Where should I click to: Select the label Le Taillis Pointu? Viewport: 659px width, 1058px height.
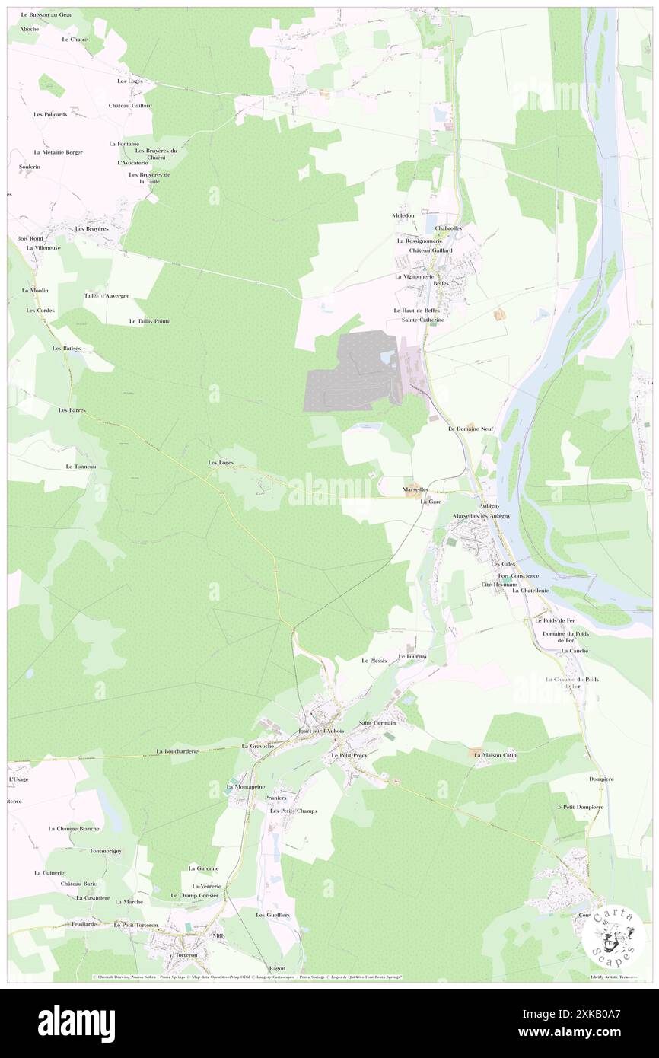click(x=150, y=321)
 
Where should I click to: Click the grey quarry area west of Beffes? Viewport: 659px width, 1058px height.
click(x=346, y=373)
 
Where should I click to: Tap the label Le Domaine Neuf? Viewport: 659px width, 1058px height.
click(x=472, y=429)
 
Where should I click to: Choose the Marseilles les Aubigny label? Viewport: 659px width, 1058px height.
click(x=481, y=516)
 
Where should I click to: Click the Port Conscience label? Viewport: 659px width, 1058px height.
click(x=518, y=575)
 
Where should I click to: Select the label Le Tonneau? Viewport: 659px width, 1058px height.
click(x=81, y=466)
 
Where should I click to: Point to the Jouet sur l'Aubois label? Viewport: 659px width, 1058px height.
click(x=321, y=731)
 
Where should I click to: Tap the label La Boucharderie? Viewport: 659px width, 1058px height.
click(x=177, y=750)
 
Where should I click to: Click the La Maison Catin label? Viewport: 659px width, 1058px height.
click(x=495, y=755)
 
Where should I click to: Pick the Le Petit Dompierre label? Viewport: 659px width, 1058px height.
click(x=579, y=806)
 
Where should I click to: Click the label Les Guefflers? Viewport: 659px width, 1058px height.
click(x=273, y=914)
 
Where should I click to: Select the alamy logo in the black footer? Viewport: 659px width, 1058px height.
click(x=76, y=1022)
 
